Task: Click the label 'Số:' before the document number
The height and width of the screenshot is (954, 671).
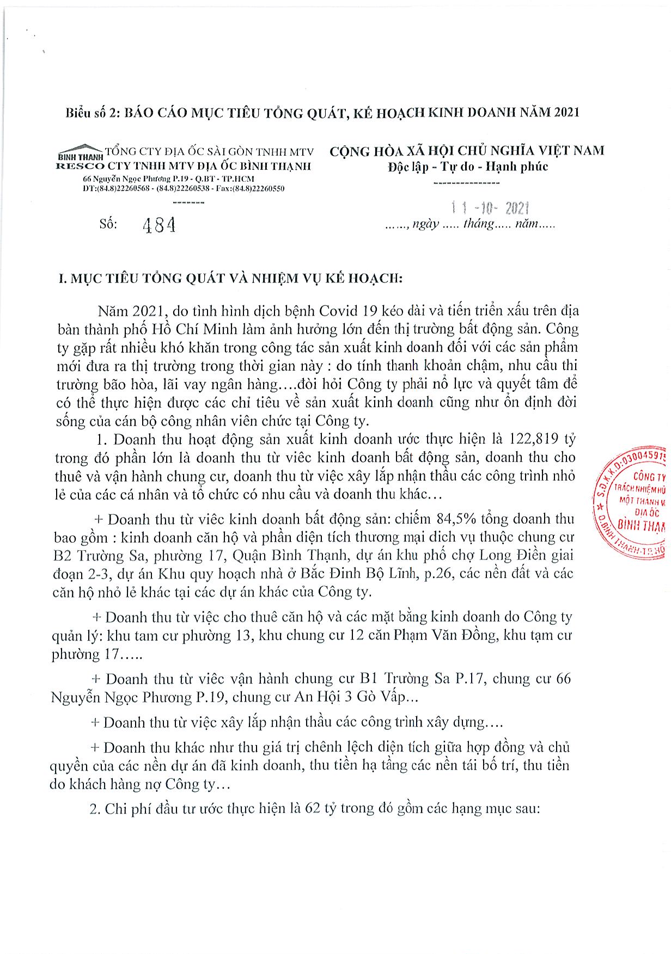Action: pos(108,224)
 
